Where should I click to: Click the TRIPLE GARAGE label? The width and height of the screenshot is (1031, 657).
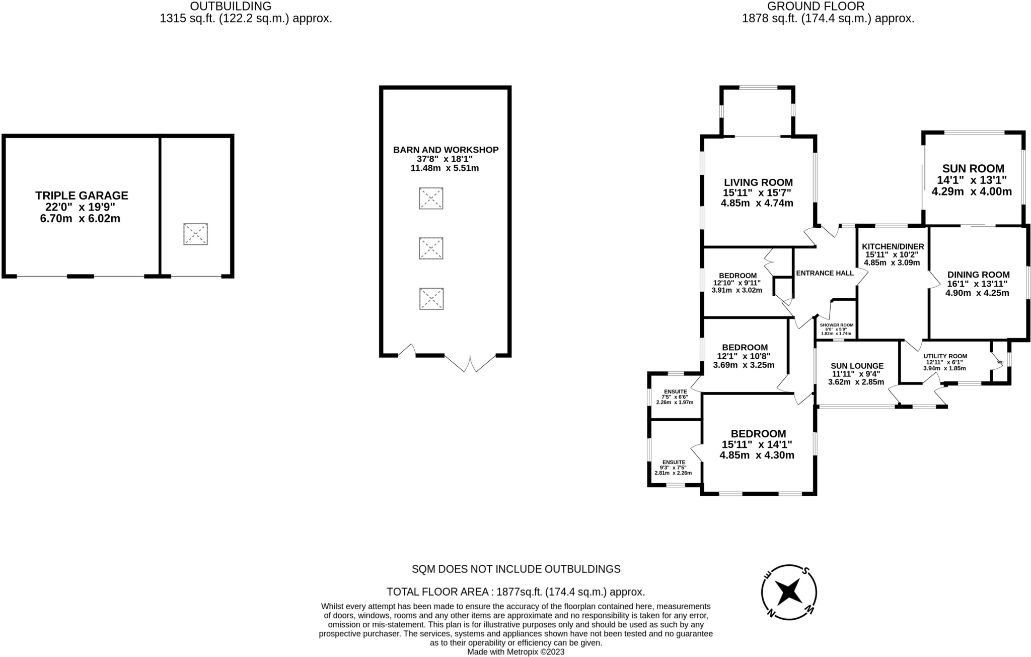[x=82, y=195]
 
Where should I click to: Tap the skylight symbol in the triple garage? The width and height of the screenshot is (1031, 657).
[x=195, y=234]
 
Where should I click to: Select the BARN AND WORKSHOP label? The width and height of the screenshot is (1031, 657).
[x=446, y=150]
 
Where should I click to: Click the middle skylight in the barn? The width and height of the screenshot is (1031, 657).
[x=431, y=248]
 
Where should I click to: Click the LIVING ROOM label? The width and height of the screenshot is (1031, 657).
[x=758, y=182]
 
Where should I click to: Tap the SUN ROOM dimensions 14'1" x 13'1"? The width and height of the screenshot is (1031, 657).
[x=972, y=180]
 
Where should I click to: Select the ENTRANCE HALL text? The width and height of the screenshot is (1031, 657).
[x=825, y=273]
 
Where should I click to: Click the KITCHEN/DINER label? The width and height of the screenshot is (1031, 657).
[x=893, y=246]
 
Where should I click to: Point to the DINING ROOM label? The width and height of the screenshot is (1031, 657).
[x=978, y=275]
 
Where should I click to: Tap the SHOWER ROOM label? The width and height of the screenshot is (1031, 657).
[x=836, y=325]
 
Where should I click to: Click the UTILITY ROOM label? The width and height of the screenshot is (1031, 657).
[x=945, y=356]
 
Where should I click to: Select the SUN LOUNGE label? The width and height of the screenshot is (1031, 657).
[x=857, y=366]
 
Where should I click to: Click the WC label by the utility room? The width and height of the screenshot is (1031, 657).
[x=1000, y=362]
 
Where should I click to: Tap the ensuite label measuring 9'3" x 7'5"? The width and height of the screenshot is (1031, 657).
[x=674, y=462]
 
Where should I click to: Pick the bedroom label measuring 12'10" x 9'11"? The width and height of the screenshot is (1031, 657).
[x=738, y=276]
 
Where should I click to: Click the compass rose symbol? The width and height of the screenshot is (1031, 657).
[x=788, y=592]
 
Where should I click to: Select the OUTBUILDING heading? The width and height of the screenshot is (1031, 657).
[x=231, y=7]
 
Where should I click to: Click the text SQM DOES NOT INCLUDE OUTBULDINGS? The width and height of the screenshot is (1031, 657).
[x=516, y=569]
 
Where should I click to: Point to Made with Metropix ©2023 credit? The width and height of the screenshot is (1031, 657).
[x=516, y=652]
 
